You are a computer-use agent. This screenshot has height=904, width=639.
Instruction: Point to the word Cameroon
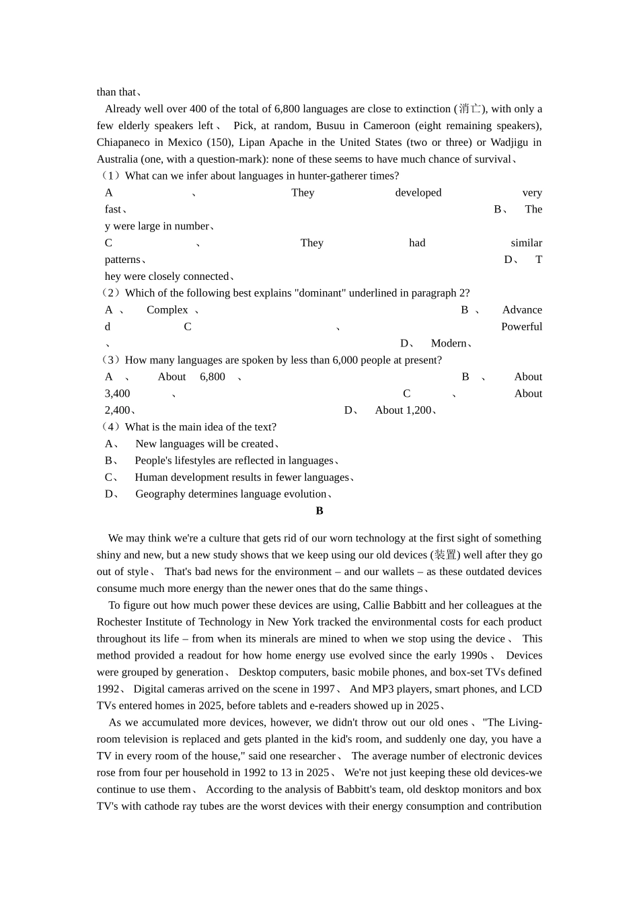coord(386,126)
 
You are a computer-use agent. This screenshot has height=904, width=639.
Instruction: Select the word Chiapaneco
coord(123,143)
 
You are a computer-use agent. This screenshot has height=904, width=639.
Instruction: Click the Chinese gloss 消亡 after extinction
coord(470,109)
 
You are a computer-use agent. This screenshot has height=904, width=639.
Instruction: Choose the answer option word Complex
coord(167,310)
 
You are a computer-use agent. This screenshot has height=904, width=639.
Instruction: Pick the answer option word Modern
coord(448,344)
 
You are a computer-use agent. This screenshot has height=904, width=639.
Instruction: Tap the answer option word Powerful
coord(521,327)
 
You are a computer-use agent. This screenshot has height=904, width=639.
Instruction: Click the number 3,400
coord(118,394)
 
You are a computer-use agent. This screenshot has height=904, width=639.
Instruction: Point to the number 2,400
coord(118,410)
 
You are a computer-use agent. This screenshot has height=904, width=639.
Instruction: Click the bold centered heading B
coord(319,511)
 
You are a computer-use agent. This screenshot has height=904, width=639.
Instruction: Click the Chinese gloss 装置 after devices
coord(445,555)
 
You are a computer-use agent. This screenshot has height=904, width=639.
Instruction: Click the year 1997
coord(324,689)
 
